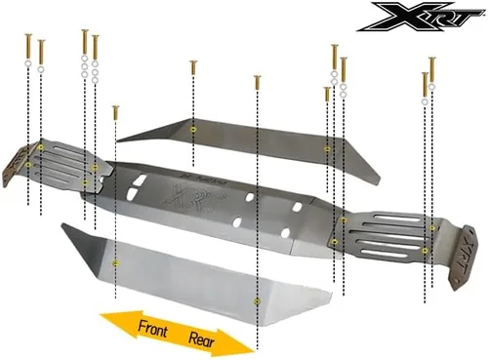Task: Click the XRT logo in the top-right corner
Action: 421,17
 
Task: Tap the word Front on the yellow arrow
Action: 152,328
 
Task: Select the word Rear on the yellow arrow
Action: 202,340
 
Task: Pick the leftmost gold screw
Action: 28,46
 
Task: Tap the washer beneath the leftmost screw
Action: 28,63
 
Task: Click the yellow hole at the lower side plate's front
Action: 115,263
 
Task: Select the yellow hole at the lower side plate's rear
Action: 258,301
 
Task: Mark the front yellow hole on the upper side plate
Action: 193,130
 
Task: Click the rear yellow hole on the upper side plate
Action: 327,149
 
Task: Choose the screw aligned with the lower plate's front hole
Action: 115,112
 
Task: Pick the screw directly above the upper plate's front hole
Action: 193,67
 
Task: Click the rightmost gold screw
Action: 432,69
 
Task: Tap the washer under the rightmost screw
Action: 431,87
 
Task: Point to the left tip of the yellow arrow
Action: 101,315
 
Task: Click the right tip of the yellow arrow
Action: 254,351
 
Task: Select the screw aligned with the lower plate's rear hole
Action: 258,83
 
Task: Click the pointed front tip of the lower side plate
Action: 62,223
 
